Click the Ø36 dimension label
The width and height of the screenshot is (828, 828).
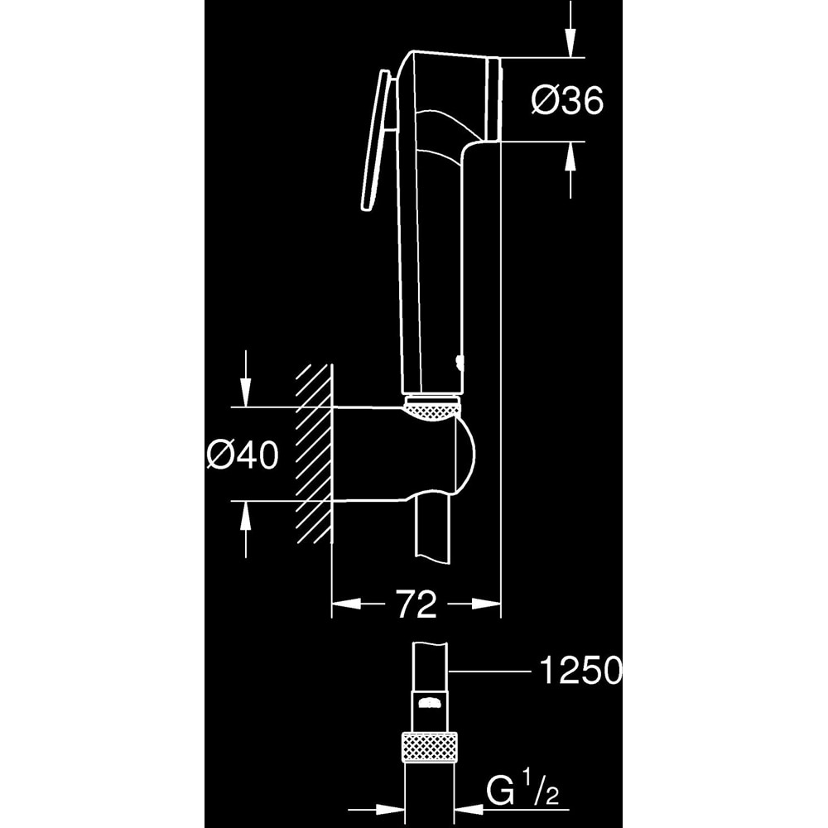tap(566, 101)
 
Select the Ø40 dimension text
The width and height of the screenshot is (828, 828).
tap(243, 455)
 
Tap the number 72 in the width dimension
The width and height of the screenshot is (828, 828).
tap(416, 605)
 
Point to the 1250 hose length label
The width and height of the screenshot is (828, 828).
tap(579, 671)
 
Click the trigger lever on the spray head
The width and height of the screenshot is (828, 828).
tap(376, 141)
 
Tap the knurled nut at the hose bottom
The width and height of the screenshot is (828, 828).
tap(429, 748)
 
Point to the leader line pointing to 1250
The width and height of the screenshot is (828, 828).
tap(493, 672)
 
